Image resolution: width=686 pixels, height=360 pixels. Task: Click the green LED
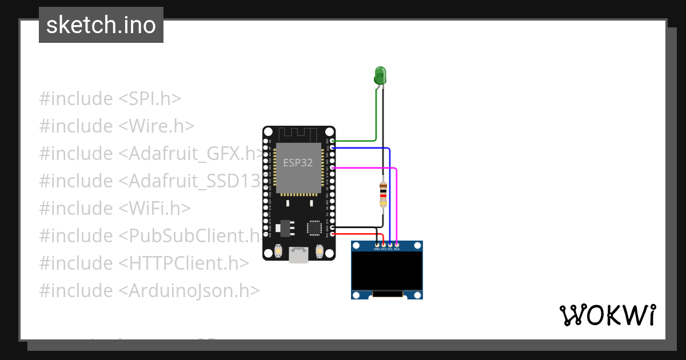[x=380, y=75]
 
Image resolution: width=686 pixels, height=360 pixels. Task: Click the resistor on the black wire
[x=383, y=194]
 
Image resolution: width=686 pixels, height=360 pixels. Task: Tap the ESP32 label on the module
[x=298, y=162]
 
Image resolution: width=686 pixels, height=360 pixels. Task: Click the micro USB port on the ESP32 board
[x=298, y=254]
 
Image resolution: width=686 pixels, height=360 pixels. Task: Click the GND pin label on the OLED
[x=377, y=249]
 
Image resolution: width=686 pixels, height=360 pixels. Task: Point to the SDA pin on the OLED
[x=397, y=249]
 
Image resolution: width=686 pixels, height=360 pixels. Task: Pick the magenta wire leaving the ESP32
[x=366, y=168]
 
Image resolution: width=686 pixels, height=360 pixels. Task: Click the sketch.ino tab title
[x=101, y=25]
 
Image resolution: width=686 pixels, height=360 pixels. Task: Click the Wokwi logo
[x=607, y=315]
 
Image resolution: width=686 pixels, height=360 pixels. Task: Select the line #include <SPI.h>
[x=110, y=99]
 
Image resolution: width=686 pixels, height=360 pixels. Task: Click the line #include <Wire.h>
[x=117, y=126]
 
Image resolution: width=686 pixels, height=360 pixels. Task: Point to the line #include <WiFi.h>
[x=115, y=209]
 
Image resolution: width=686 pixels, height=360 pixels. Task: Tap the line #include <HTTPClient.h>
[x=144, y=263]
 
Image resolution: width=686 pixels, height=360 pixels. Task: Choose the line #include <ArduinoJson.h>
[x=150, y=291]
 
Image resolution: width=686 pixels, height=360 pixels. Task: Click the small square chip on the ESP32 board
[x=314, y=227]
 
